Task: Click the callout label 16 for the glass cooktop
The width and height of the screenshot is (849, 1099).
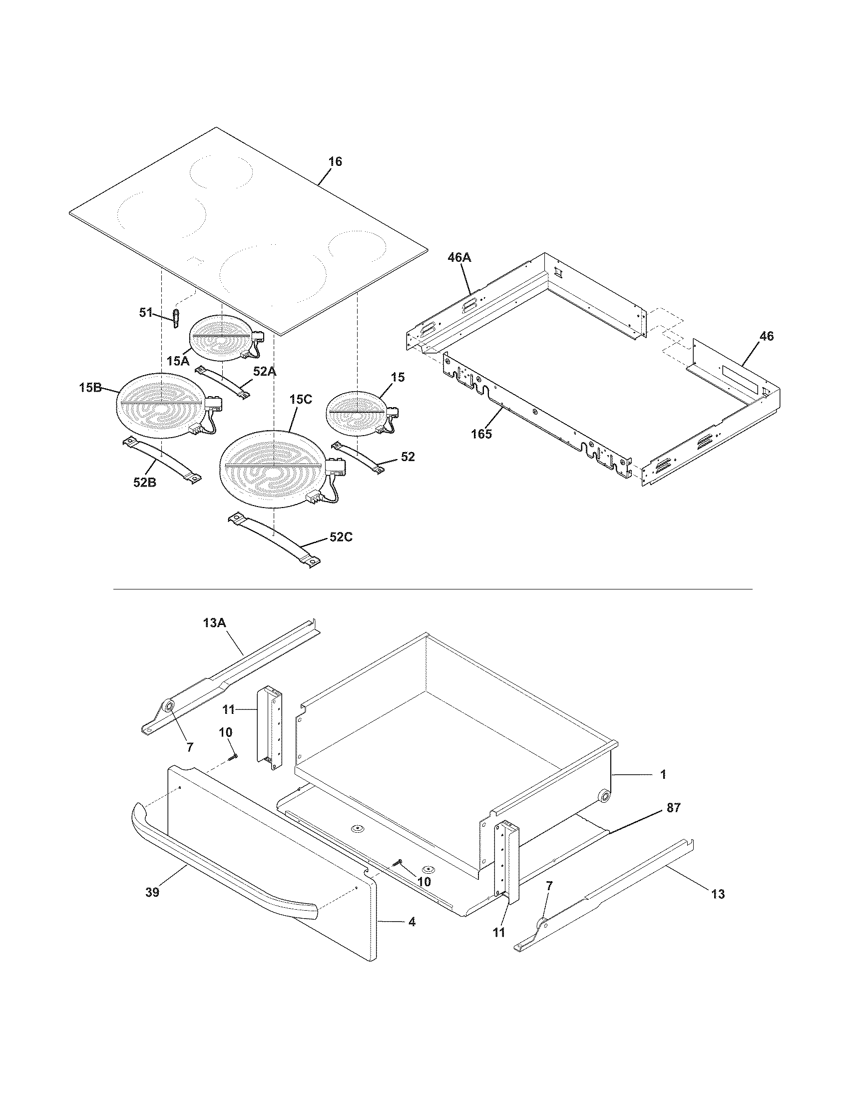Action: point(335,161)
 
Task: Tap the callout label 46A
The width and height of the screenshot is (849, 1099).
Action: point(459,258)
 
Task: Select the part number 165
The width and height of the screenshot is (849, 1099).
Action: point(481,434)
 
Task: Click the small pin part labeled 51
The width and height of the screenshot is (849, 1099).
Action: point(176,318)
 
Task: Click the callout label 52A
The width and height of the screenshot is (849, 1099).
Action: point(265,371)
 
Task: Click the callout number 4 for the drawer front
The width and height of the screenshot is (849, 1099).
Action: point(412,922)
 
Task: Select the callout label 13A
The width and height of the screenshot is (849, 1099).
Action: point(215,623)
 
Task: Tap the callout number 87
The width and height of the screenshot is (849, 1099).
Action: point(673,808)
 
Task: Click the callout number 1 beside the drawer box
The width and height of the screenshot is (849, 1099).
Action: point(663,775)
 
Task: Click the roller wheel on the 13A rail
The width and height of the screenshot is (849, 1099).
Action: point(168,708)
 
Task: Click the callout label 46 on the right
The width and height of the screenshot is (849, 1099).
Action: point(766,336)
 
